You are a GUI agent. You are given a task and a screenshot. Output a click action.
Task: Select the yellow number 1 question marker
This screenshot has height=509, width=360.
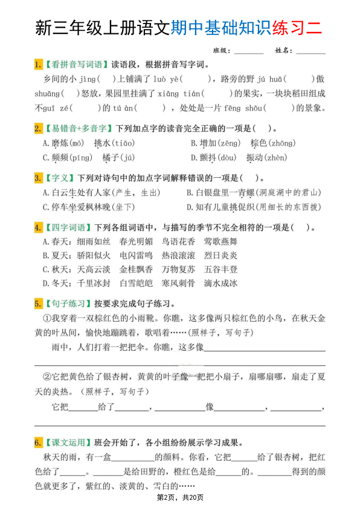pyautogui.click(x=37, y=65)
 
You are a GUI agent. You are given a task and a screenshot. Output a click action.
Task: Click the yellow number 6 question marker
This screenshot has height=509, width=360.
pyautogui.click(x=37, y=442)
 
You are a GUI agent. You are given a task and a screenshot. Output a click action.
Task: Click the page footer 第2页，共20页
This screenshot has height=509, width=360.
pyautogui.click(x=180, y=498)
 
